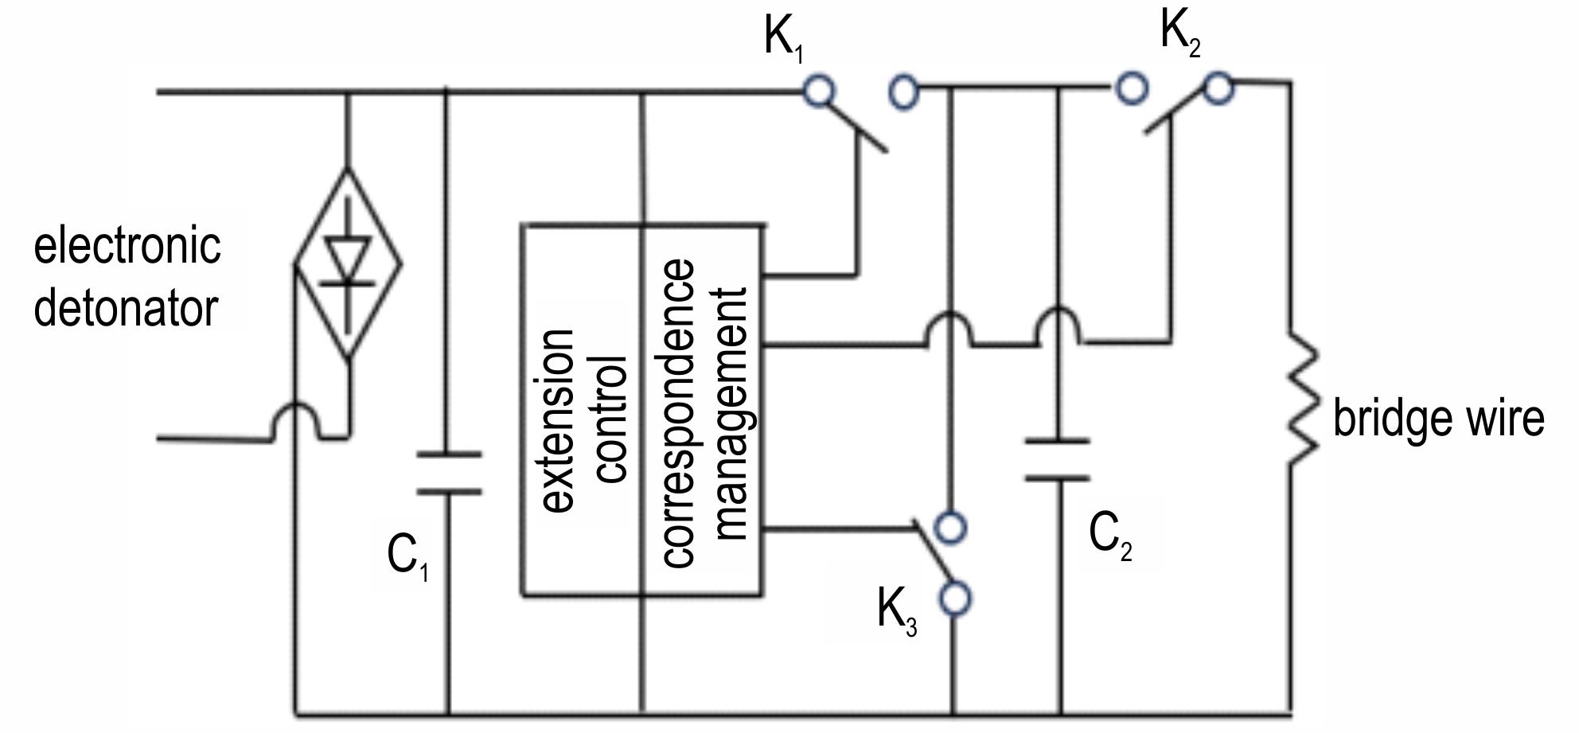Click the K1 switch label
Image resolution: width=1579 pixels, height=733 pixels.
pos(784,38)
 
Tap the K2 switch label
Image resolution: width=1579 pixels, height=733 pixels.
pos(1180,34)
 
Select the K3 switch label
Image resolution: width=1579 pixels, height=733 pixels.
pos(897,611)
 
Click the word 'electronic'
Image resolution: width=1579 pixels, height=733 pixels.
pos(127,246)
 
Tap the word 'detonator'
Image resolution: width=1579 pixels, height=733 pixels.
pos(126,308)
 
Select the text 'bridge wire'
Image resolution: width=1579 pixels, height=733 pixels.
pos(1438,418)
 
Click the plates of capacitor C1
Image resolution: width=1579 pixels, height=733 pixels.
pos(449,474)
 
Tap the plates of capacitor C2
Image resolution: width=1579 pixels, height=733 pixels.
pos(1058,459)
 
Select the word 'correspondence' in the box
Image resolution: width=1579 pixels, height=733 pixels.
pos(678,412)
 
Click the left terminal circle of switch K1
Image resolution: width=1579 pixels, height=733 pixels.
pos(818,91)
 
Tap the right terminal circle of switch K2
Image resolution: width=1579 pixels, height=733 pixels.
pos(1218,88)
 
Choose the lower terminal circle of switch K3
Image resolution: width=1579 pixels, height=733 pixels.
pos(955,598)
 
